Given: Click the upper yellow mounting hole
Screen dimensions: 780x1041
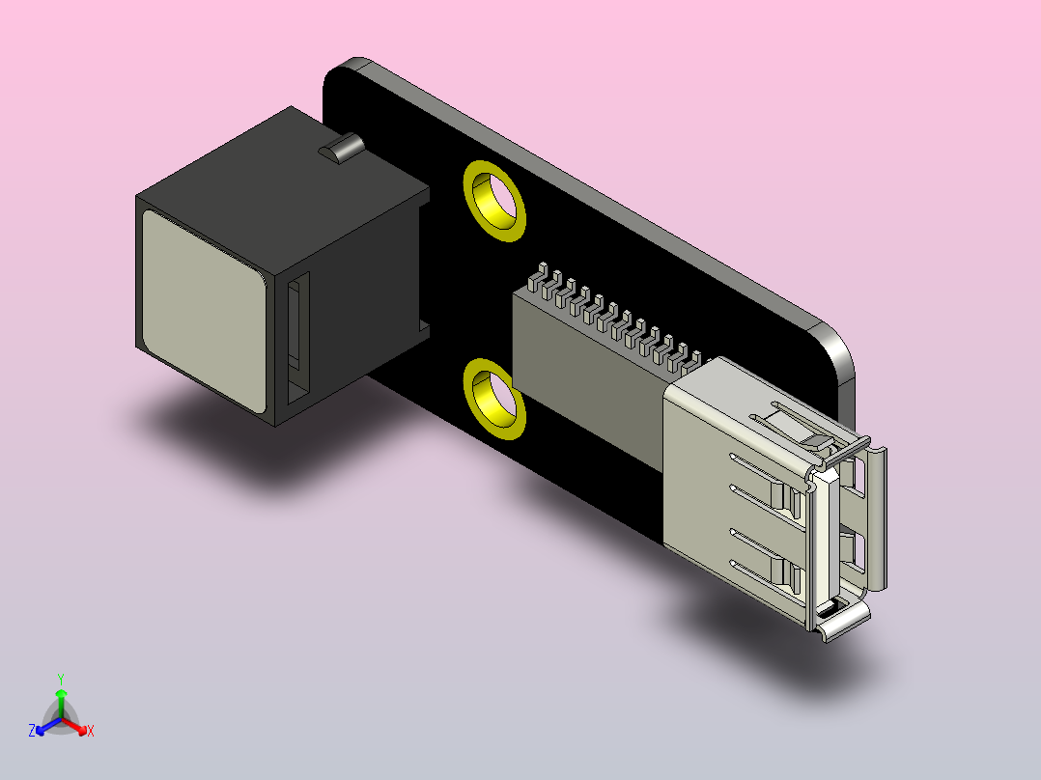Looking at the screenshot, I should [494, 200].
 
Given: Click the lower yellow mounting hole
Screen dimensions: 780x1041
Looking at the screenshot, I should [494, 398].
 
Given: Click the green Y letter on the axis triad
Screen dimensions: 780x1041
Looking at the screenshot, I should [61, 678].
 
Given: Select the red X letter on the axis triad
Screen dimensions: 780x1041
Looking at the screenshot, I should [91, 732].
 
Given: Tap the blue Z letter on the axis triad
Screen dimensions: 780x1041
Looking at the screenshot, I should [32, 731].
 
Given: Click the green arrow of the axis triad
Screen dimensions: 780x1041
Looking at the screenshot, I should [61, 700].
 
